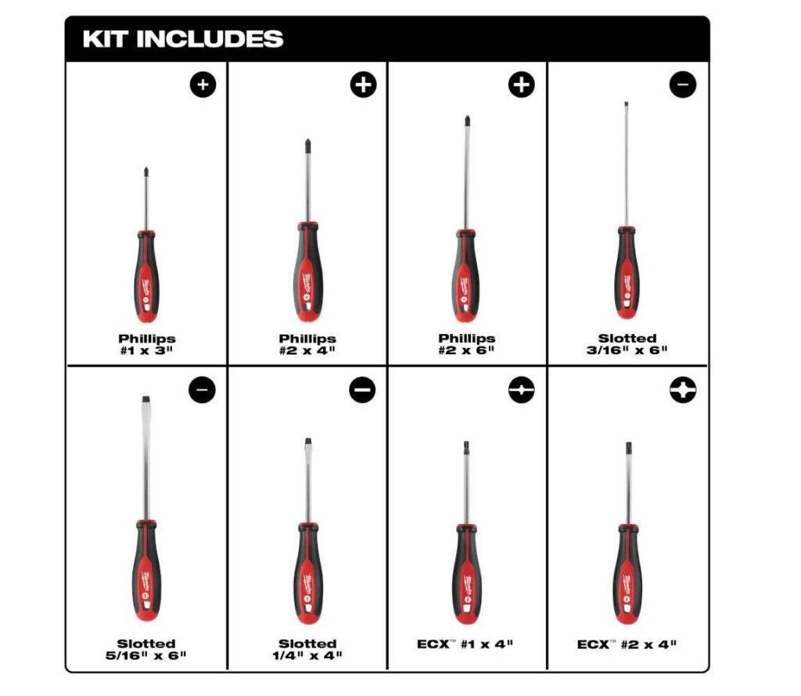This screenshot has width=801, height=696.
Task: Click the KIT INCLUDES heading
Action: point(183,39)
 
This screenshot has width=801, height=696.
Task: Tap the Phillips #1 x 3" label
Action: point(147,344)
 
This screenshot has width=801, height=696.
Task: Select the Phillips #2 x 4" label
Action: point(307,344)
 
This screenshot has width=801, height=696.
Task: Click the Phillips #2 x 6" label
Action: point(467,344)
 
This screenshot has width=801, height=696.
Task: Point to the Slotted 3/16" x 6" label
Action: point(627,344)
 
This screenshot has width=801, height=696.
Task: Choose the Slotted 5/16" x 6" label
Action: point(147,648)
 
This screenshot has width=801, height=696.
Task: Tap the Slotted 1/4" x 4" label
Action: point(307,648)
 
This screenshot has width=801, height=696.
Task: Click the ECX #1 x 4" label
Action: point(467,644)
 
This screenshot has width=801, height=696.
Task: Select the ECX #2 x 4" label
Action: point(627,644)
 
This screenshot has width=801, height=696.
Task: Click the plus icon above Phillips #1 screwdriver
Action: point(202,85)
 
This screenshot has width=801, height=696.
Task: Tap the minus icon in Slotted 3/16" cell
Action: point(682,84)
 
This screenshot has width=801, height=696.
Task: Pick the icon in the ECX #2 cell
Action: point(682,390)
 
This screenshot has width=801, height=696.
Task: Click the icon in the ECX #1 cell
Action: point(522,390)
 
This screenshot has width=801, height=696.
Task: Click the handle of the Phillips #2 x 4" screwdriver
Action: point(307,270)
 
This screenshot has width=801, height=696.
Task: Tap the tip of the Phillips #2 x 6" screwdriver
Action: point(466,121)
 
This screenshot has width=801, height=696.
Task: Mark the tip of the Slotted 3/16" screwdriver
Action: point(625,105)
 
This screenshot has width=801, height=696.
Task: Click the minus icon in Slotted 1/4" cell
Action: point(362,390)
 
